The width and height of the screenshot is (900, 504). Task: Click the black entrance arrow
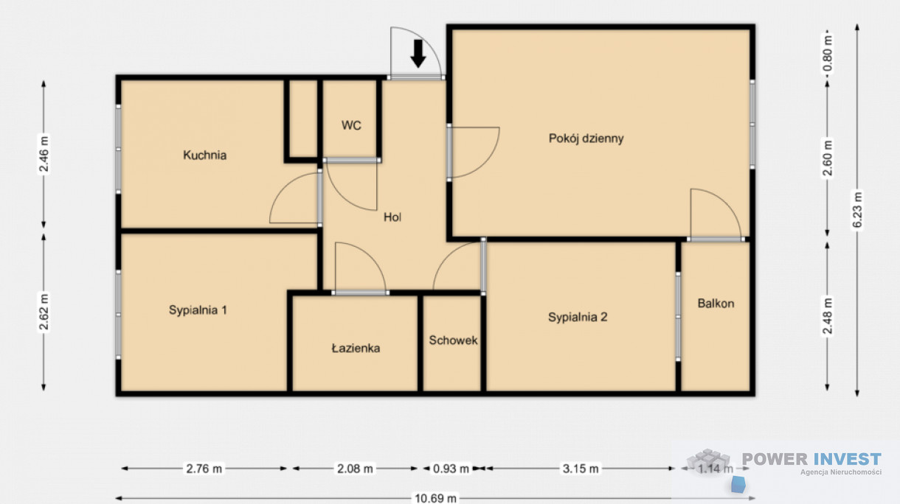418,53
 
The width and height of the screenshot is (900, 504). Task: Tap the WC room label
351,125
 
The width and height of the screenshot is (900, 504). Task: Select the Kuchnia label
204,155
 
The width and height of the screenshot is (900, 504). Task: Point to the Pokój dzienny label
586,139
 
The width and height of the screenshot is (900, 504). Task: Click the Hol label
392,217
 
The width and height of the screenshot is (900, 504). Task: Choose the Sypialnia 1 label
198,310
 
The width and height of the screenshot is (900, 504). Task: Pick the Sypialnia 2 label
578,318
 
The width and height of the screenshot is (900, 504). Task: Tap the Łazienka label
356,348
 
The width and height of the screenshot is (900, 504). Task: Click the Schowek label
453,340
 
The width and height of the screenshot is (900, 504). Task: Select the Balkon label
716,304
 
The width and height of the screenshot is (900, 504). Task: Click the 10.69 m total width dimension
435,498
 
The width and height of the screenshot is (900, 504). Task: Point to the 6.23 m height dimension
857,210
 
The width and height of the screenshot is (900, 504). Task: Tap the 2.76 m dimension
204,469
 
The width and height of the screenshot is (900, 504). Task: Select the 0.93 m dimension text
451,469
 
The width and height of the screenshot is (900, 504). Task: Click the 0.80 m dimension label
827,54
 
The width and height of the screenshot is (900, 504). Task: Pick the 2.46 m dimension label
44,154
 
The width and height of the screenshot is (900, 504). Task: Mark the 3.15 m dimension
580,469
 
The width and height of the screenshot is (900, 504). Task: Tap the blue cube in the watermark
738,484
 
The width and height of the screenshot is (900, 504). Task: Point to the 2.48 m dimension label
827,316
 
